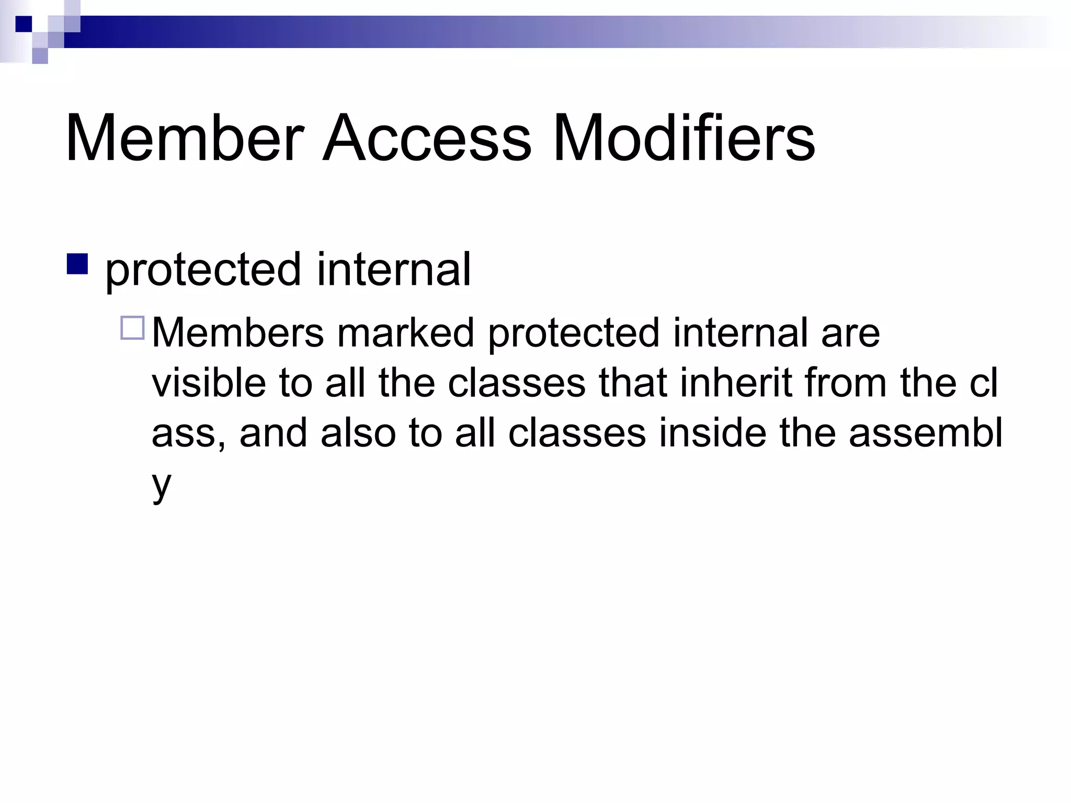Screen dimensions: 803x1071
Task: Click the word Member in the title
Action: coord(185,137)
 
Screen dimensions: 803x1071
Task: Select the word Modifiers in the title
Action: coord(683,137)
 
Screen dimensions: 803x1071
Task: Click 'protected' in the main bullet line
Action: coord(203,271)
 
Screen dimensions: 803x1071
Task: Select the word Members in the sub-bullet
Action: coord(238,332)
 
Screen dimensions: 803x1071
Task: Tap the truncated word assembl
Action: coord(926,433)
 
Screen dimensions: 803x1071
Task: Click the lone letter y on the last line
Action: coord(161,486)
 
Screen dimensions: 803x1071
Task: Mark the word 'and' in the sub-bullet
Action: coord(273,433)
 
